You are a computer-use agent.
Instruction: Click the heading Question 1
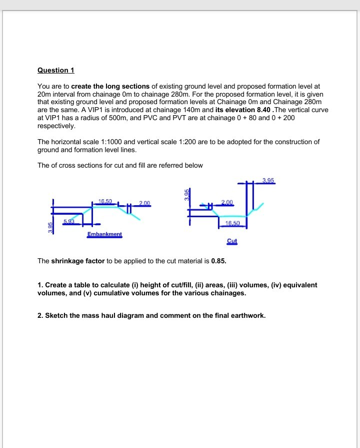[x=55, y=70]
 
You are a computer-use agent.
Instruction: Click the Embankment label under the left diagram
[x=104, y=234]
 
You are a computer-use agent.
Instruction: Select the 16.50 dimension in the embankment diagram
[x=105, y=201]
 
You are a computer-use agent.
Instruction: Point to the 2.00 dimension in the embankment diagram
[x=144, y=202]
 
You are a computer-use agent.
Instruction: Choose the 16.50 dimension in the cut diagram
[x=232, y=223]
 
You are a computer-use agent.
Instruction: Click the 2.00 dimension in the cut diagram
[x=226, y=202]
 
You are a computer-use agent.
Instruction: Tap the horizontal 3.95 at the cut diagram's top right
[x=268, y=180]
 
